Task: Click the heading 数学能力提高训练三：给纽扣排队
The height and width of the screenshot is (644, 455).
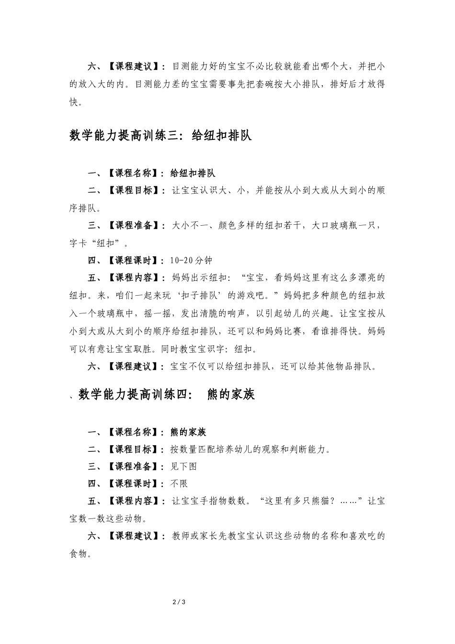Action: click(160, 136)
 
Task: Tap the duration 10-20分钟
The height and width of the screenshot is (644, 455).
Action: click(191, 260)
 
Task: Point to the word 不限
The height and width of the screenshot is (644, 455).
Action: click(179, 483)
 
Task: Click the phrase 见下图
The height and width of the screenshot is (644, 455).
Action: click(183, 466)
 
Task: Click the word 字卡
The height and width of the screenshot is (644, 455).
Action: click(79, 243)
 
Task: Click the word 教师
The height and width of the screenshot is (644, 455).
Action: click(181, 536)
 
